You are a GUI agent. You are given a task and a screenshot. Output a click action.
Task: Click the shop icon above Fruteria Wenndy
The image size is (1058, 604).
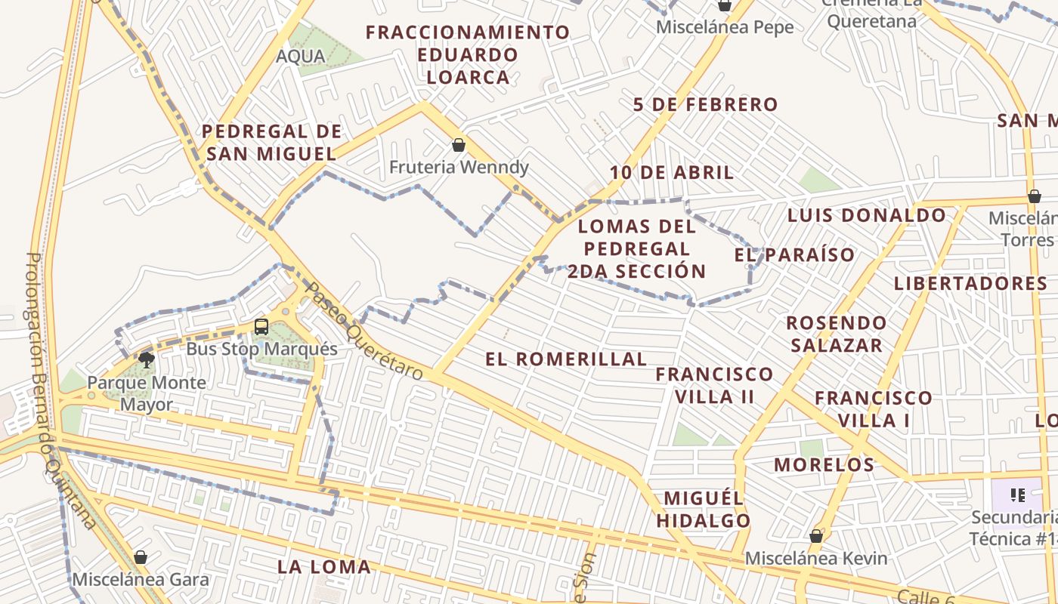coord(458,145)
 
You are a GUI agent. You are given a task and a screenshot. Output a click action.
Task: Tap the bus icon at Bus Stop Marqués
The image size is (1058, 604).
coord(261,327)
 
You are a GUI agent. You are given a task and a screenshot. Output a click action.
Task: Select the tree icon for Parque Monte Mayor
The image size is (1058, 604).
coord(147,359)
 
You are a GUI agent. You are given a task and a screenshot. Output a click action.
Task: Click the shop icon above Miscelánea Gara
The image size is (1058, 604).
coord(140,558)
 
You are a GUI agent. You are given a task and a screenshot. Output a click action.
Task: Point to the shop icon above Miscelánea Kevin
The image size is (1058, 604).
coord(815,536)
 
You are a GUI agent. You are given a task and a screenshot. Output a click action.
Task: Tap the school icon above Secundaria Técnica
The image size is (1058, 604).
coord(1018,495)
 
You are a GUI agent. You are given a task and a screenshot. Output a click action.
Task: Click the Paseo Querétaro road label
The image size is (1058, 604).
coord(363,331)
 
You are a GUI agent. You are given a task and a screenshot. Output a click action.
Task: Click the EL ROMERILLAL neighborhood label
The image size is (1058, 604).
coord(566,359)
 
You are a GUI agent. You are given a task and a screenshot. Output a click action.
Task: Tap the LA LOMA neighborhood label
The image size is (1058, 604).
coord(323,566)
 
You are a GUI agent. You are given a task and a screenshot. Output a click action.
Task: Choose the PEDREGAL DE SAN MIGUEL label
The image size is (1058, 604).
coord(271,143)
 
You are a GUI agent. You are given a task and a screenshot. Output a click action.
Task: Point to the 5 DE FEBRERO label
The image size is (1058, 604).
coord(705,105)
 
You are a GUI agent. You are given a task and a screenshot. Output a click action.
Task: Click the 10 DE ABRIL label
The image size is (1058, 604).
coord(672,173)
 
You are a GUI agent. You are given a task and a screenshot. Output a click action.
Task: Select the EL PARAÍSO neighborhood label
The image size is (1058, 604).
coord(794,255)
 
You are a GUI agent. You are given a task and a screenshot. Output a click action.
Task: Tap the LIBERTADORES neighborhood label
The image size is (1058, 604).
coord(970,284)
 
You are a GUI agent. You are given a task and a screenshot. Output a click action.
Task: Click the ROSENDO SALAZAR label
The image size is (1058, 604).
coord(836,334)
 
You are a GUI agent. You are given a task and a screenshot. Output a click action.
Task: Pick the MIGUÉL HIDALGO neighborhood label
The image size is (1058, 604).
coord(703,509)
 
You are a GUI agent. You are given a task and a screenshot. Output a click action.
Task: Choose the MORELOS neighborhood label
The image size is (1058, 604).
coord(824,464)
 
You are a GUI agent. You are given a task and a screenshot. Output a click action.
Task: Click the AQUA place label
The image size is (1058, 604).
coord(301,56)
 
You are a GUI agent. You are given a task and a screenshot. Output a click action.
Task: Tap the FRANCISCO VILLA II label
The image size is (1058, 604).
coord(714,385)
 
